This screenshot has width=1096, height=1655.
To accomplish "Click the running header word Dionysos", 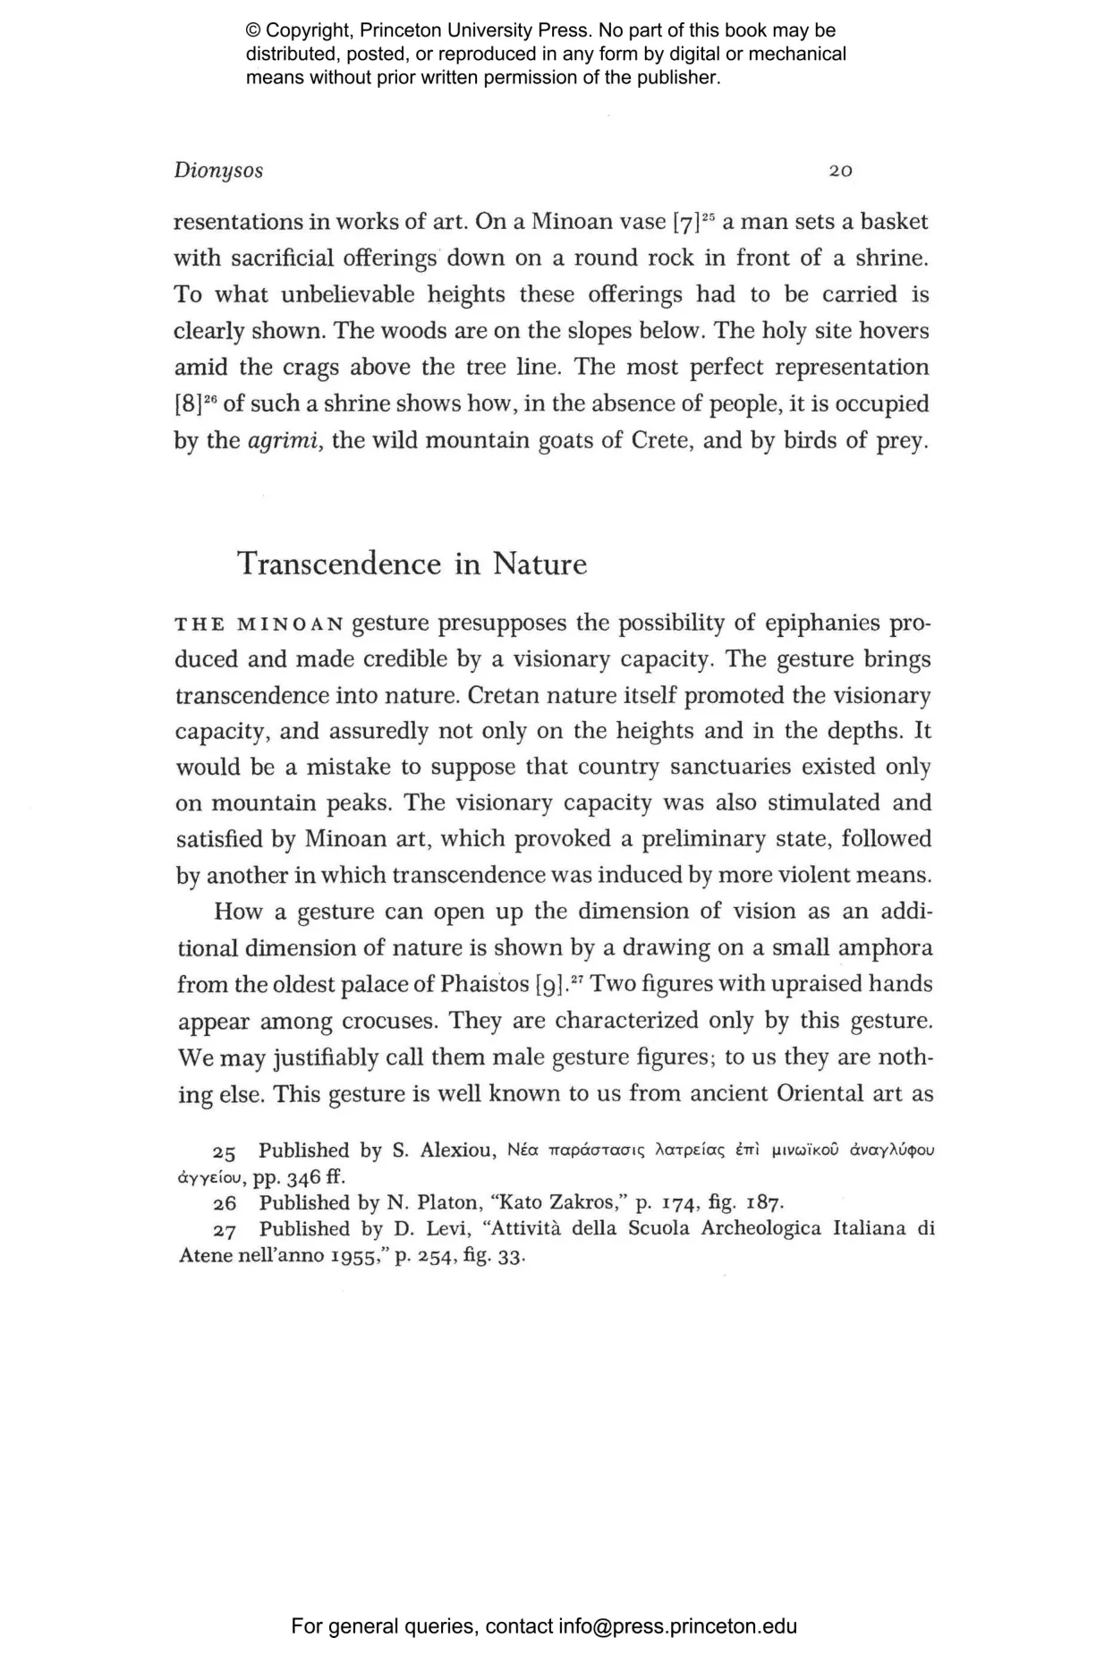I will click(218, 171).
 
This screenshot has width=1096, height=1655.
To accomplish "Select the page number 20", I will click(840, 171).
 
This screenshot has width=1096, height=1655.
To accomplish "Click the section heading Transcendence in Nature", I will click(412, 564).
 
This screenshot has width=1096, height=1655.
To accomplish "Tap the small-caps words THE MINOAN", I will click(259, 624).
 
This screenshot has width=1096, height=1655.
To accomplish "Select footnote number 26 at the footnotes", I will click(225, 1203).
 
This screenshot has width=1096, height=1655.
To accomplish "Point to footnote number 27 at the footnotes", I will click(225, 1229).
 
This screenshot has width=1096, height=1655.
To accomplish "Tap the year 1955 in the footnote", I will click(328, 1255).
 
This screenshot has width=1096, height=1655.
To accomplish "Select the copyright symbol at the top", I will click(253, 31).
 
